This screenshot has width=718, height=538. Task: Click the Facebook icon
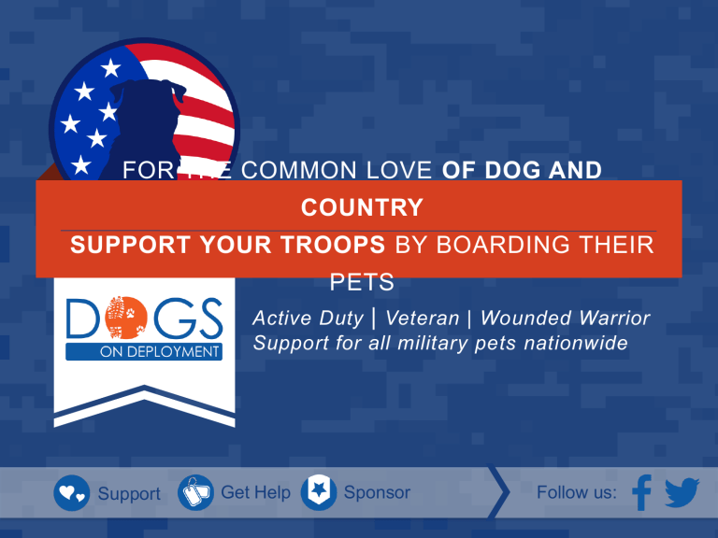(x=642, y=492)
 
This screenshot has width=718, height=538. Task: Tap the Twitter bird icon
(x=682, y=493)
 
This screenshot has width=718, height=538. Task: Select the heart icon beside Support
(x=72, y=493)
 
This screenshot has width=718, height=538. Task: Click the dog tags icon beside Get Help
(x=195, y=493)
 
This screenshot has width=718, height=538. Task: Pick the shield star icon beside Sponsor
(x=319, y=493)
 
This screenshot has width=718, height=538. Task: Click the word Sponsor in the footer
(x=377, y=493)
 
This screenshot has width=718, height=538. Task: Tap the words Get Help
(x=255, y=493)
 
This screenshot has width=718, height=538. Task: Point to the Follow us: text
(x=577, y=493)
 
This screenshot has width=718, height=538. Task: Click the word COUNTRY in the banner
(x=362, y=207)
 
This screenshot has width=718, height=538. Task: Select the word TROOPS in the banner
(x=333, y=245)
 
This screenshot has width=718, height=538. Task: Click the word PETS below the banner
(x=362, y=282)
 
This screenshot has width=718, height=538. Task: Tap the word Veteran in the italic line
(x=423, y=318)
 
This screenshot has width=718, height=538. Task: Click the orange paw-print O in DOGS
(x=125, y=318)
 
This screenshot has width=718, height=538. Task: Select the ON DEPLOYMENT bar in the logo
(x=144, y=352)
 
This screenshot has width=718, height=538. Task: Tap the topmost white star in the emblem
(x=110, y=68)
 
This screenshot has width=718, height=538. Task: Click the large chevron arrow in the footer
(x=499, y=492)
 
